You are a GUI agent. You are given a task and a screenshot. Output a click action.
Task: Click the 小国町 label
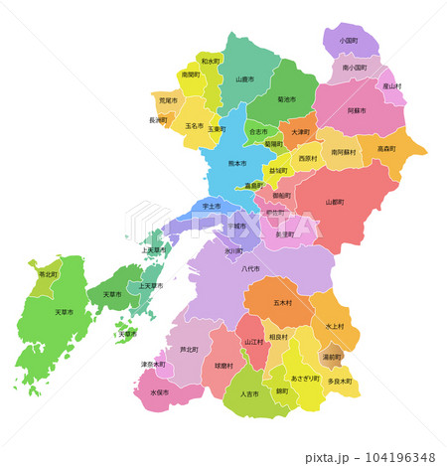(x=349, y=42)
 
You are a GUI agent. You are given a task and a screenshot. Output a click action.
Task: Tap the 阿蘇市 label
(x=357, y=111)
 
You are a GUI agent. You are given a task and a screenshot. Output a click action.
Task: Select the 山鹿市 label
(x=245, y=79)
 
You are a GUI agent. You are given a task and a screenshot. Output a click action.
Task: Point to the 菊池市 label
(x=288, y=99)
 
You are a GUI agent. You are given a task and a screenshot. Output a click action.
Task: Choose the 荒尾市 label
(x=168, y=100)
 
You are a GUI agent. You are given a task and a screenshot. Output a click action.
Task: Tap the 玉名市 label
(x=194, y=127)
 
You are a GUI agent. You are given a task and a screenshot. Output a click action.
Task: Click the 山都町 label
(x=335, y=202)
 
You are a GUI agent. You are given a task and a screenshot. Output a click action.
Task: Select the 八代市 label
(x=250, y=268)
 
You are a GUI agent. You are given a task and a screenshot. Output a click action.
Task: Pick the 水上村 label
(x=334, y=326)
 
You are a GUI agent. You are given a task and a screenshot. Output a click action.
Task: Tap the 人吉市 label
(x=249, y=394)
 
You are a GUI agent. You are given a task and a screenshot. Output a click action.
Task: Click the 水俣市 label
(x=160, y=392)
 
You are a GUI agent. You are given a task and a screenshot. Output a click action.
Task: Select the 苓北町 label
(x=48, y=274)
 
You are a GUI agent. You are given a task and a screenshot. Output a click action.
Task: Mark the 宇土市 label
(x=211, y=207)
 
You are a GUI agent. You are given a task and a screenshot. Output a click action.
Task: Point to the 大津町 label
(x=300, y=132)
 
